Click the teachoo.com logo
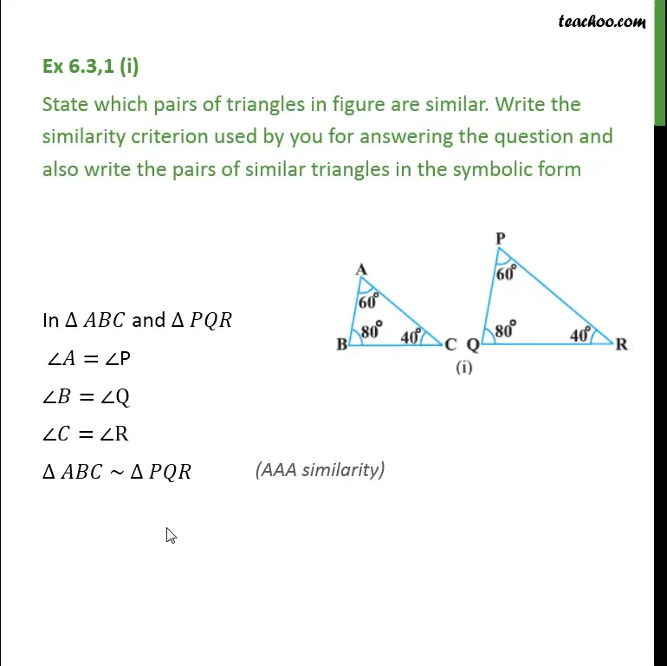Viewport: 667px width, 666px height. coord(602,21)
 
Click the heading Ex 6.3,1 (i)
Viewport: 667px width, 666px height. coord(90,67)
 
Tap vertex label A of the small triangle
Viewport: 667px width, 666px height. coord(361,270)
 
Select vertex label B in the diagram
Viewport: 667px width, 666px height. coord(342,344)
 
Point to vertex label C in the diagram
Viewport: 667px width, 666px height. coord(450,344)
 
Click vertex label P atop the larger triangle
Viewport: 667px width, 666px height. coord(501,238)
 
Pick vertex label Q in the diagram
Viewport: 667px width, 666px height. coord(473,344)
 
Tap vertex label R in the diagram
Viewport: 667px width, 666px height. coord(621,344)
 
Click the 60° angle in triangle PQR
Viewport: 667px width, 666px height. coord(506,273)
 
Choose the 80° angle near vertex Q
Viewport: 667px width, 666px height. coord(505,330)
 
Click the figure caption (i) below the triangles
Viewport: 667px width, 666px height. coord(464,368)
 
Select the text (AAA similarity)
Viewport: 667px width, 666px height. coord(320,470)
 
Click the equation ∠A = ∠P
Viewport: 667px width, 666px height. coord(89,357)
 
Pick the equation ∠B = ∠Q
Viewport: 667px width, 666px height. coord(86,396)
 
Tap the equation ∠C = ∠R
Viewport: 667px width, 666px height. coord(86,434)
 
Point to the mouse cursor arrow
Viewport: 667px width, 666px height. coord(171,535)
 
